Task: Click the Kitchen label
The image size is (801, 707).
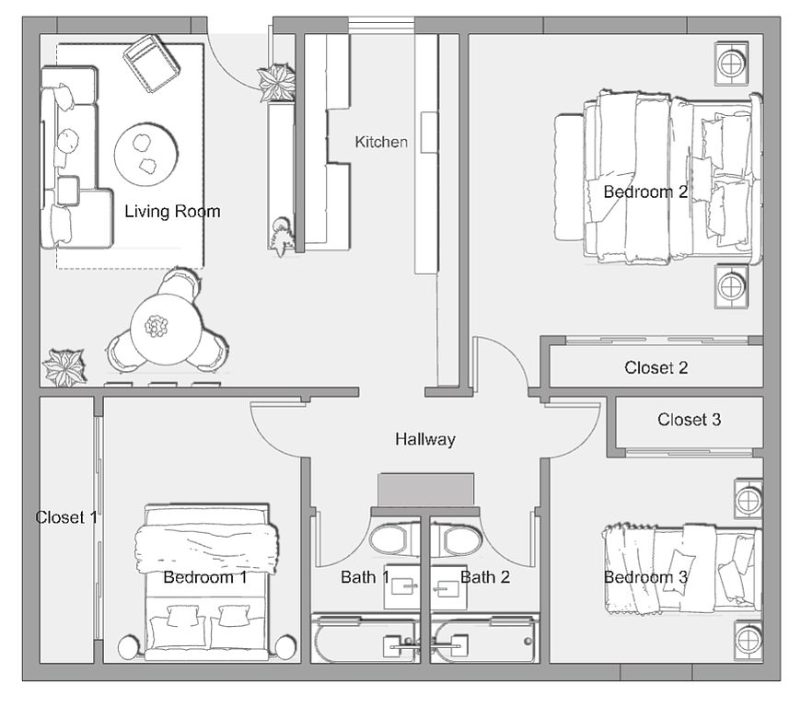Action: tap(381, 142)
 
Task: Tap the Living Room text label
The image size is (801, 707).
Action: tap(172, 212)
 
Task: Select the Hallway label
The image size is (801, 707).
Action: tap(425, 439)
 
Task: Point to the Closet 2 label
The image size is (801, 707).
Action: tap(656, 367)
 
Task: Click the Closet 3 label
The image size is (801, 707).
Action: tap(689, 420)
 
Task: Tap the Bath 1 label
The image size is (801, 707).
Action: tap(365, 577)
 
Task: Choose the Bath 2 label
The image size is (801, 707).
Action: tap(484, 577)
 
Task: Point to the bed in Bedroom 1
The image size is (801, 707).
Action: tap(208, 585)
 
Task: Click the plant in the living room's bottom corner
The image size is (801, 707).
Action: tap(64, 367)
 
